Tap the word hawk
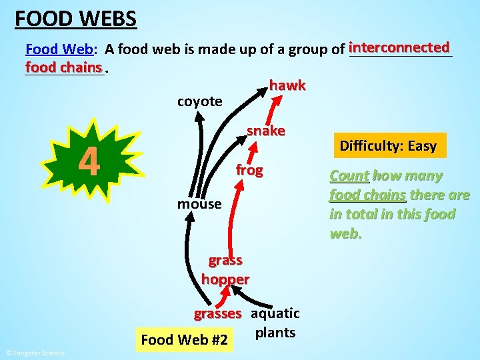coord(287,85)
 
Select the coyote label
coord(199,101)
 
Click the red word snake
coord(266,131)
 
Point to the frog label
coord(249,171)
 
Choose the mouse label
coord(199,204)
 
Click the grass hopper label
coord(225,269)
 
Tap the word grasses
coord(217,313)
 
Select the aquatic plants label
coord(275,323)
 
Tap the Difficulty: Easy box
coord(388,146)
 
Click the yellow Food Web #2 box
coord(185,340)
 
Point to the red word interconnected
coord(399,48)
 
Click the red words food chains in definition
coord(64,67)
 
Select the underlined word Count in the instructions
coord(349,176)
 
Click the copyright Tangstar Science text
coord(35,353)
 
